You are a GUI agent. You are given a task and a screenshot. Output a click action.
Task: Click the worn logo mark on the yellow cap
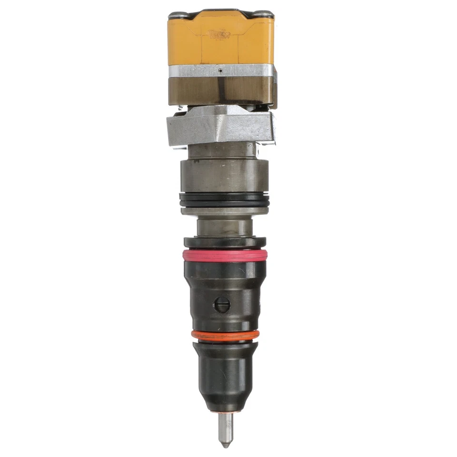coord(219,34)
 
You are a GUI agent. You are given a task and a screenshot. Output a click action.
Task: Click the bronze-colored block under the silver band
coord(221,91)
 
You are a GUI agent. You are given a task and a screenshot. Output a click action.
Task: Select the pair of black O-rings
coord(224,199)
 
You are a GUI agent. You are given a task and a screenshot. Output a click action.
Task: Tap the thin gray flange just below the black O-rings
coord(224,211)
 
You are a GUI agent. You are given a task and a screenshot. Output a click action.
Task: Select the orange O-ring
coord(225,335)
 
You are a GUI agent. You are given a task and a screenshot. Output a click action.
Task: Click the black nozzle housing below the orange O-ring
coord(226,371)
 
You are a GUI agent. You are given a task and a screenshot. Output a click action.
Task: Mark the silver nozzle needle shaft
coord(226,426)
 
